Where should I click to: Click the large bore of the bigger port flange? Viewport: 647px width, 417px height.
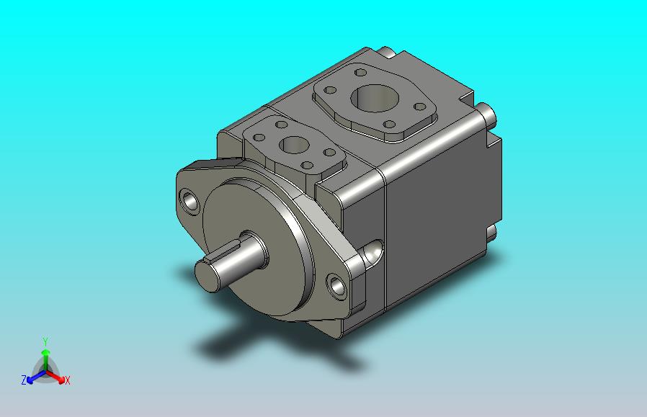pos(375,99)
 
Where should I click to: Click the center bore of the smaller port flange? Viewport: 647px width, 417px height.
pos(294,145)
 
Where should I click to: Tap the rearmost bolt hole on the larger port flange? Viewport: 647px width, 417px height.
pos(361,73)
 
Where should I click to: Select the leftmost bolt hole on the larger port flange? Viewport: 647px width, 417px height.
pos(330,90)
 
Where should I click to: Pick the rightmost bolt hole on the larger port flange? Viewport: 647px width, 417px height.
pos(419,107)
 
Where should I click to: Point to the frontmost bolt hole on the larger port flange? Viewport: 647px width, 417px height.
pos(389,124)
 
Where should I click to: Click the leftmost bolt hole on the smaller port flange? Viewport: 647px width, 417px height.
pos(259,138)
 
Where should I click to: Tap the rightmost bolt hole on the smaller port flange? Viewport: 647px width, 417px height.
pos(330,153)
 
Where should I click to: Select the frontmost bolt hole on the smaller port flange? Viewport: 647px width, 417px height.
pos(307,166)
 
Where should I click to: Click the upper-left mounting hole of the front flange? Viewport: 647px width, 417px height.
pos(189,202)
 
